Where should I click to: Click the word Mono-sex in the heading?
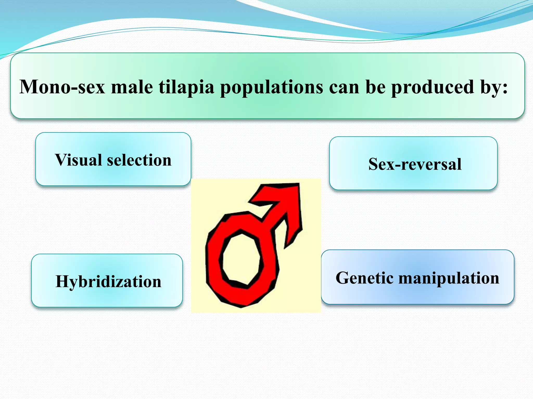tap(62, 87)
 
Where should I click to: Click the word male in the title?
tap(132, 87)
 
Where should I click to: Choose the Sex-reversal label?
tap(415, 164)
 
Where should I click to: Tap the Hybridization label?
tap(108, 281)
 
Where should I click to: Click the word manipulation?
tap(449, 278)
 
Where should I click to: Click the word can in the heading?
tap(344, 87)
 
